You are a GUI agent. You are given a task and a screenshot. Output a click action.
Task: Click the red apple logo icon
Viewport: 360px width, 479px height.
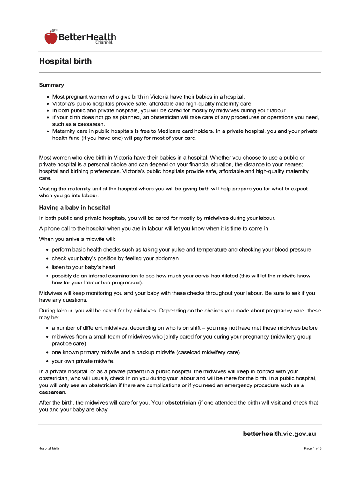pyautogui.click(x=51, y=36)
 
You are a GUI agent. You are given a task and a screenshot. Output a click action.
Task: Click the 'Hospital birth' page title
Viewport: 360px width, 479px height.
pyautogui.click(x=65, y=61)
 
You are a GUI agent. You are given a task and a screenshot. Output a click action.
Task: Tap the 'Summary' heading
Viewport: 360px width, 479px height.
pyautogui.click(x=51, y=85)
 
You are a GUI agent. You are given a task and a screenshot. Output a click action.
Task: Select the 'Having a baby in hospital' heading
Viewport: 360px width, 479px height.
pyautogui.click(x=74, y=207)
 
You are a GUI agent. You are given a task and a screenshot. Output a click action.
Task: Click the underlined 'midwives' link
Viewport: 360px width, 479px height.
pyautogui.click(x=216, y=218)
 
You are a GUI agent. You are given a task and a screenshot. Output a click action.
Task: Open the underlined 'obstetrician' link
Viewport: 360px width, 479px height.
pyautogui.click(x=180, y=402)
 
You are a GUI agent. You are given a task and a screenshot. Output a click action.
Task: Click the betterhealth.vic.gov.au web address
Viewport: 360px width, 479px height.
pyautogui.click(x=279, y=434)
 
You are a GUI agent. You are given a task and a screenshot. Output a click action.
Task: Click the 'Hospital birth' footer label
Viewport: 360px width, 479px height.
pyautogui.click(x=49, y=449)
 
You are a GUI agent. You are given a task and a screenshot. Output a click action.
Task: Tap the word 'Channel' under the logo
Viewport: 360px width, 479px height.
pyautogui.click(x=104, y=42)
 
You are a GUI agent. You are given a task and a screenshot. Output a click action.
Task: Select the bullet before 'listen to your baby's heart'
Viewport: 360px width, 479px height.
pyautogui.click(x=48, y=267)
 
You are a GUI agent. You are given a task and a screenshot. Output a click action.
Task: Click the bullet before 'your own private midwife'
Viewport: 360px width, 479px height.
pyautogui.click(x=48, y=361)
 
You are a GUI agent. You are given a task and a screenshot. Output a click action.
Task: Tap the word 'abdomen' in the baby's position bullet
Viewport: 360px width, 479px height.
pyautogui.click(x=167, y=258)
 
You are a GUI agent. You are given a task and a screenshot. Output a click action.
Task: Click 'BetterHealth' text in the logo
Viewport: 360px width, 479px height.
pyautogui.click(x=87, y=36)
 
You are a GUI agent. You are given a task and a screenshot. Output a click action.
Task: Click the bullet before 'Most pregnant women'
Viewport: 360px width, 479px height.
pyautogui.click(x=48, y=97)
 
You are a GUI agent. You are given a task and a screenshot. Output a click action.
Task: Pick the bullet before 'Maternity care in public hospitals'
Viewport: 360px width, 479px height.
pyautogui.click(x=48, y=131)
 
